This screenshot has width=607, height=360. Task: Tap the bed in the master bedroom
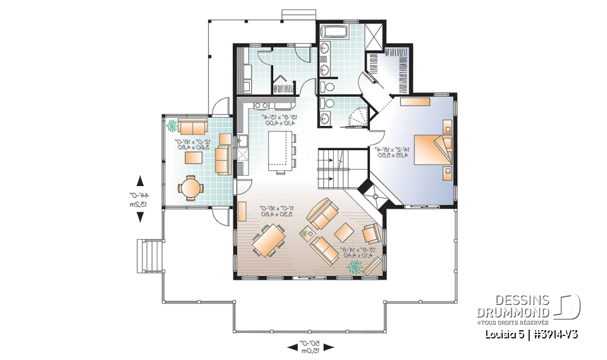tap(432, 149)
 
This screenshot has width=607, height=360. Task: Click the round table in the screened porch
tap(190, 187)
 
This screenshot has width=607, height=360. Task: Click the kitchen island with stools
tap(281, 154)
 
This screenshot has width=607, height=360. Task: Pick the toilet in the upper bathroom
tap(327, 87)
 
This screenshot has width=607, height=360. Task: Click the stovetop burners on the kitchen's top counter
tap(262, 104)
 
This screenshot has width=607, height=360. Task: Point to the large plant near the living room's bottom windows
tap(355, 267)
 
